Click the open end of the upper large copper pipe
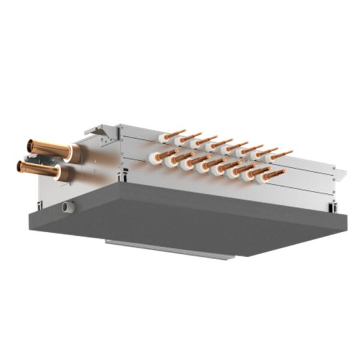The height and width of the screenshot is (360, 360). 30,145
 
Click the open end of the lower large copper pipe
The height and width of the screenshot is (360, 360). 20,165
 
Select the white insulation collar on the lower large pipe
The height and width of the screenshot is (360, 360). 61,173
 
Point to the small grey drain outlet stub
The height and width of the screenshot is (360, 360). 67,207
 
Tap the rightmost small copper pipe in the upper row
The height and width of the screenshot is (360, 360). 283,154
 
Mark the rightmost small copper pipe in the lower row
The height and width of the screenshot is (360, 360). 275,174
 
